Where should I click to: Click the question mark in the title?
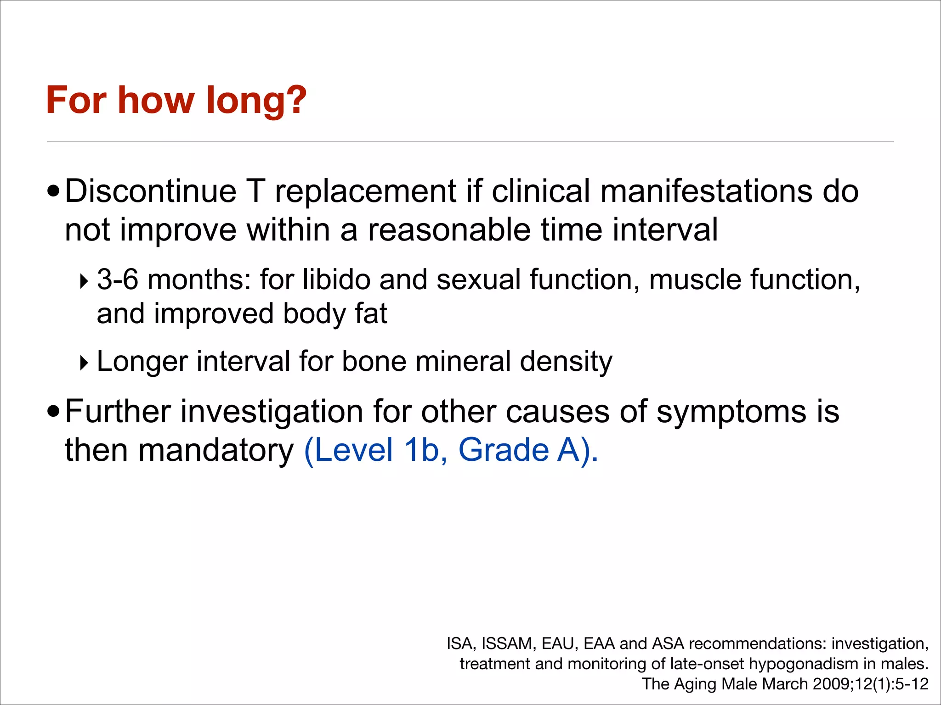pyautogui.click(x=293, y=100)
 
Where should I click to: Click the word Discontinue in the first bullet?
pyautogui.click(x=150, y=191)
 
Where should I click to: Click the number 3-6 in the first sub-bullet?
pyautogui.click(x=118, y=280)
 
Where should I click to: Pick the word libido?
pyautogui.click(x=336, y=280)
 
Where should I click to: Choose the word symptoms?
pyautogui.click(x=731, y=412)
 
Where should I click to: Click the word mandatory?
pyautogui.click(x=216, y=450)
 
